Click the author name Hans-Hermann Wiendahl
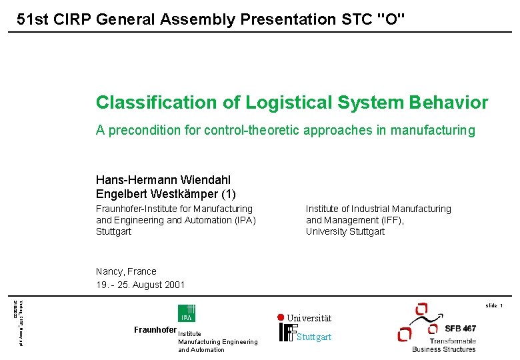click(163, 180)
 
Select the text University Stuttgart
click(345, 231)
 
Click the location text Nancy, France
click(126, 271)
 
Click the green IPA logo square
click(186, 313)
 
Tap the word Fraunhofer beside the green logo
click(155, 330)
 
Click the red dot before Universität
click(281, 317)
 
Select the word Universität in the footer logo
click(309, 319)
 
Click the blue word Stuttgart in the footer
click(313, 337)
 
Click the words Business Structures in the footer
click(443, 349)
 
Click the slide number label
click(494, 305)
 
